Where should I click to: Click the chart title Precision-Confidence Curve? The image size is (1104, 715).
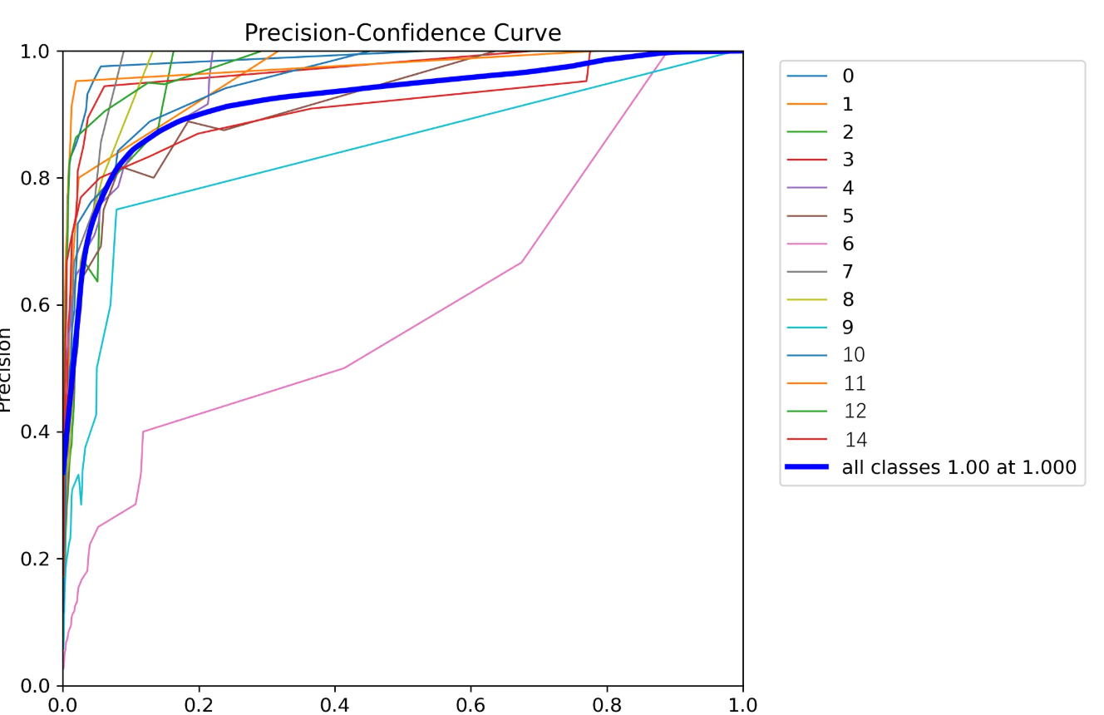coord(402,32)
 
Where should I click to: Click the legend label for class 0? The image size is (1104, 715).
coord(848,76)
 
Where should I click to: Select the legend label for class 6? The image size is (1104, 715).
coord(848,244)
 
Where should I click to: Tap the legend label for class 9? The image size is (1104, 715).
coord(848,327)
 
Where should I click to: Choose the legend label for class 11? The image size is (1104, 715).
coord(854,383)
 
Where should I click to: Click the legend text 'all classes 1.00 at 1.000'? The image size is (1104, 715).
coord(959,467)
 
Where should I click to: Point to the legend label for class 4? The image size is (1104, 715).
coord(848,188)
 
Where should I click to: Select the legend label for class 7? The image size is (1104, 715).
coord(848,271)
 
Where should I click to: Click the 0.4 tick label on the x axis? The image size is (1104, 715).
coord(335,705)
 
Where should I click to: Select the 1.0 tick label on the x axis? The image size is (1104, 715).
coord(742,705)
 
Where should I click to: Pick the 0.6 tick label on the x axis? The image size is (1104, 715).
coord(471,705)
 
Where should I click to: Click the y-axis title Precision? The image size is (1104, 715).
coord(5,370)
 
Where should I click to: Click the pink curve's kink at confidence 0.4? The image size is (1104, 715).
coord(344,367)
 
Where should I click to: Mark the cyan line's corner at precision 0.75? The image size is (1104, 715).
coord(116,210)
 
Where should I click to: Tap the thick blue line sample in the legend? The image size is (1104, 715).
coord(806,467)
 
